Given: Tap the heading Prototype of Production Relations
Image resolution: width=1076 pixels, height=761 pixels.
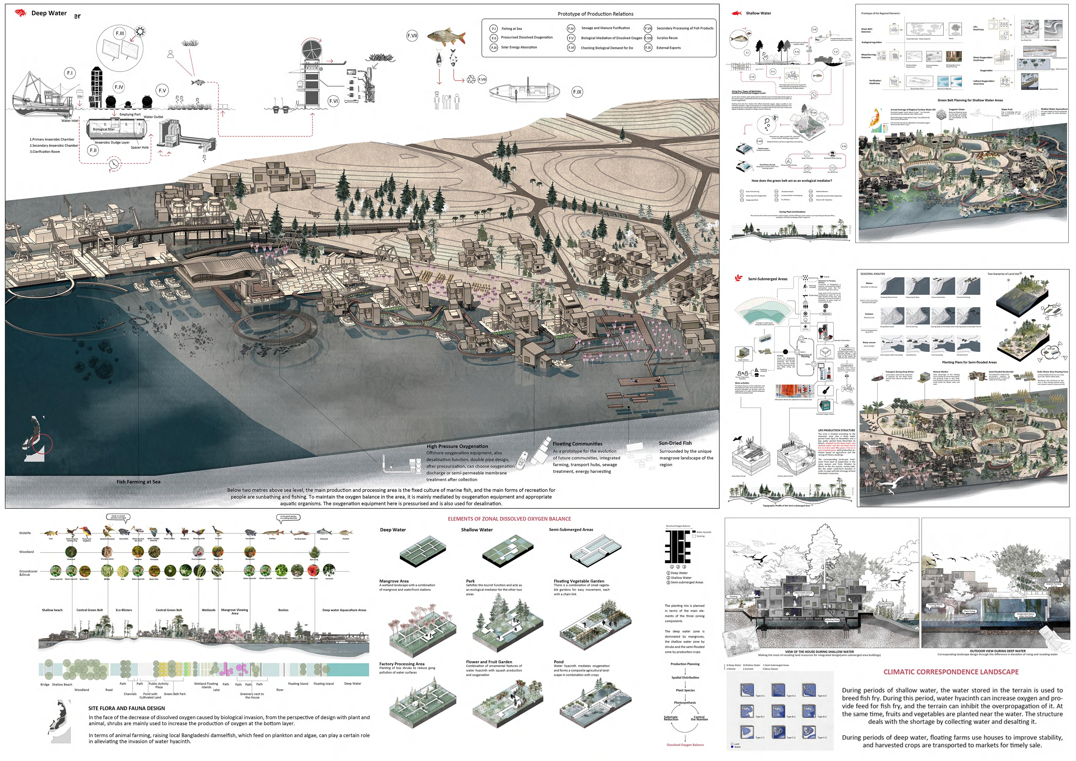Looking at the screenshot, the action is [595, 14].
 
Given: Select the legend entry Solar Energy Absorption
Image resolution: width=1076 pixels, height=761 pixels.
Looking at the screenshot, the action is [519, 47].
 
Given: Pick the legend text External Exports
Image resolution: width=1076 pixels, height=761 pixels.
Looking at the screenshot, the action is [668, 48].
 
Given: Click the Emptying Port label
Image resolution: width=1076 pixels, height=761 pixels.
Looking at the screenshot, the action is [130, 114].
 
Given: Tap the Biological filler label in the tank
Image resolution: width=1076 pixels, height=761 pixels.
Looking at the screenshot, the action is [104, 129].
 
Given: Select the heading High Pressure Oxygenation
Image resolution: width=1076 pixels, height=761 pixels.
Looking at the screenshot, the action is [457, 447].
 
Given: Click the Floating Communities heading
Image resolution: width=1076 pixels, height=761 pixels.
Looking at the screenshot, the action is [577, 444].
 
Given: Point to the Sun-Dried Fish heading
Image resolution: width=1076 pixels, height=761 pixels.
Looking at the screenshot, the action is [675, 443].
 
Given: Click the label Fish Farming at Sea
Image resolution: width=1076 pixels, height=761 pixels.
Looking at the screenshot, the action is [138, 482].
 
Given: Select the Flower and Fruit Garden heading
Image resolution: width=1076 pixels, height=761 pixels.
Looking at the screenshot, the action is [489, 662].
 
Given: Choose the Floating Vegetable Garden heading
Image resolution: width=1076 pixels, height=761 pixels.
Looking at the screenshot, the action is [579, 581].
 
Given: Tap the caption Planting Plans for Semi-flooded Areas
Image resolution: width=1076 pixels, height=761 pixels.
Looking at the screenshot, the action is [969, 362].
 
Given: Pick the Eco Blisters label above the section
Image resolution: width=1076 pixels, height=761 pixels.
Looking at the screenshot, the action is [124, 610].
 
